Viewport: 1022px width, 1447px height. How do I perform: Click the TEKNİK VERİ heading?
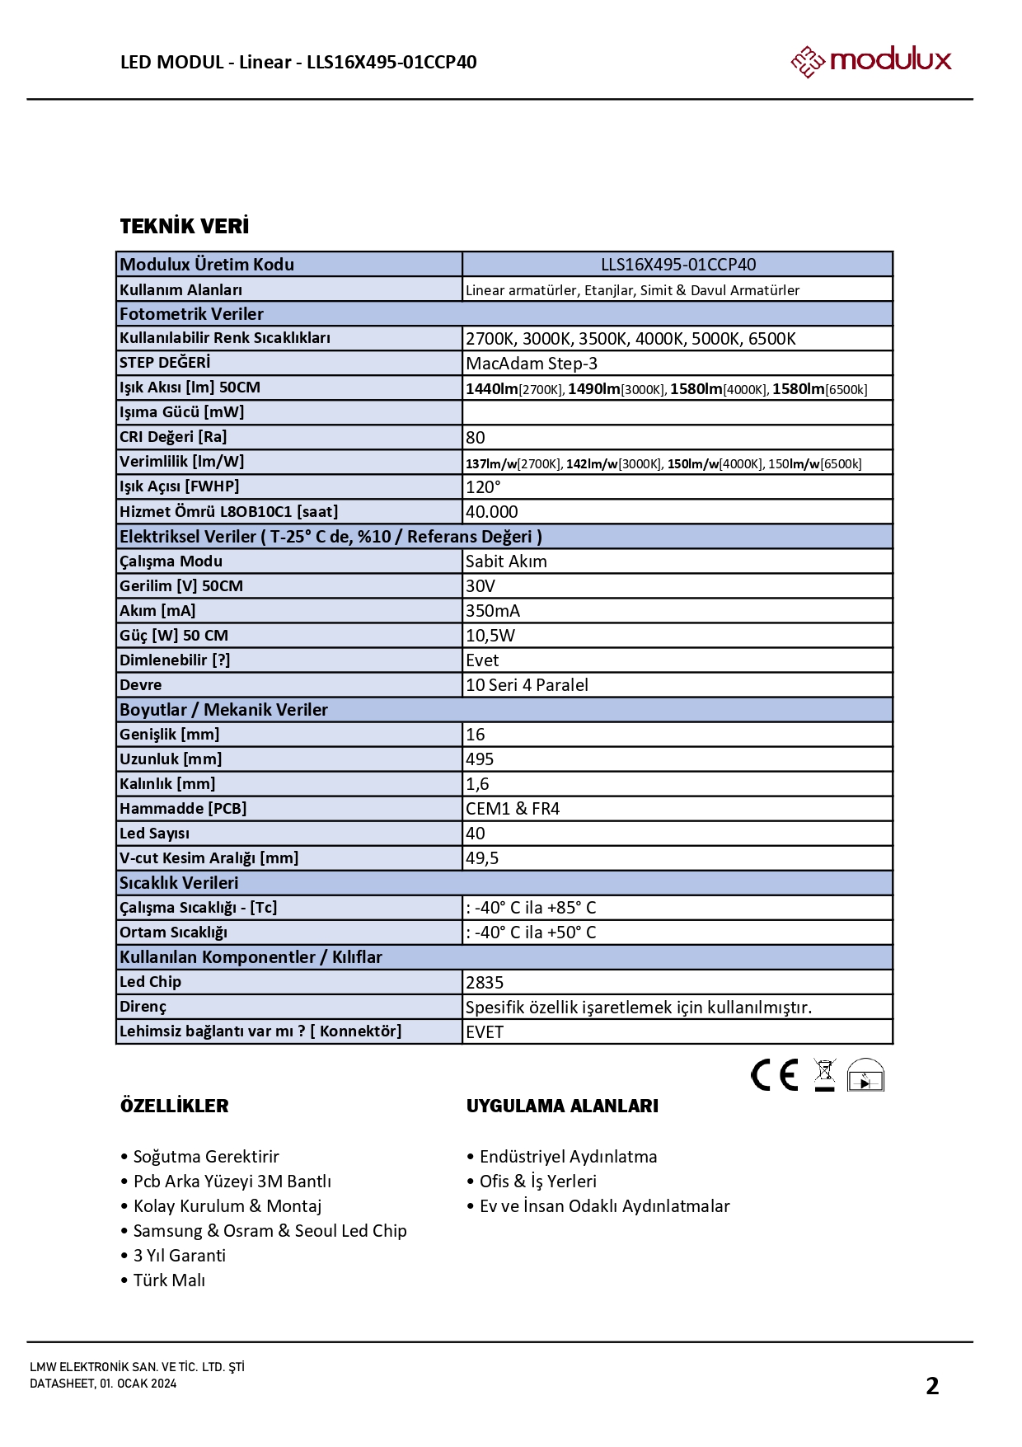click(185, 227)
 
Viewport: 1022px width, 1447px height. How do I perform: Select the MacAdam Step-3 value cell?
click(532, 364)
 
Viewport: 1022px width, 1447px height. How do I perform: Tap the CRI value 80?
click(476, 438)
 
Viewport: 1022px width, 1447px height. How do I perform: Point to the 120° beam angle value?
click(483, 487)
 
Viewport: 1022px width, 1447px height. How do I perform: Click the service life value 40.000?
click(492, 512)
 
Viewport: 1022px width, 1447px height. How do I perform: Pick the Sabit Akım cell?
click(506, 561)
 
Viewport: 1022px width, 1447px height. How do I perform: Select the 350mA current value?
click(493, 611)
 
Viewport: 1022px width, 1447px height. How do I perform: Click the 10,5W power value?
click(490, 636)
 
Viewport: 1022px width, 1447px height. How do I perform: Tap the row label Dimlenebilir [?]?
click(175, 660)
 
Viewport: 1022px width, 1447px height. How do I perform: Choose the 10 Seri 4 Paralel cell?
click(527, 685)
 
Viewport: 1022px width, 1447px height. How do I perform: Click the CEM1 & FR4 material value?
click(513, 809)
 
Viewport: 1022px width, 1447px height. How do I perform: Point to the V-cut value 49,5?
click(482, 858)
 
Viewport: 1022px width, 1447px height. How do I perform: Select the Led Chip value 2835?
click(485, 983)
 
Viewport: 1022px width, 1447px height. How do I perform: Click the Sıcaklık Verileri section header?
click(179, 883)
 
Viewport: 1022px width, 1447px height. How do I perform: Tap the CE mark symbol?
click(774, 1075)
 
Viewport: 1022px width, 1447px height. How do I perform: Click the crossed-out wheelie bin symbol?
click(824, 1074)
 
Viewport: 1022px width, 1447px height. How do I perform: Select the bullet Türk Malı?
click(169, 1280)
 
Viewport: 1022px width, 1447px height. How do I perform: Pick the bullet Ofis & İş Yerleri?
click(537, 1182)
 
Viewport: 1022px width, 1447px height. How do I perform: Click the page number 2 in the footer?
click(932, 1386)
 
